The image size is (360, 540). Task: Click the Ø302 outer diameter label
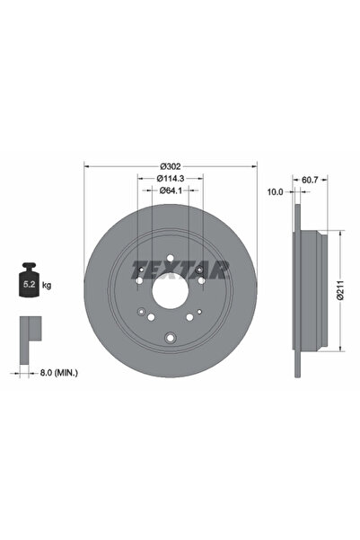click(170, 165)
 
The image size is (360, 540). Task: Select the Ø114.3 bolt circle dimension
click(170, 178)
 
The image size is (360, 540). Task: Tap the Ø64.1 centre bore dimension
click(170, 190)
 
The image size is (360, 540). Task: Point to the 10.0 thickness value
click(276, 191)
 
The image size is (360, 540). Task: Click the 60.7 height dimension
click(311, 180)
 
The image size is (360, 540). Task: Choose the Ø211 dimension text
click(353, 291)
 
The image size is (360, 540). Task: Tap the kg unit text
click(47, 285)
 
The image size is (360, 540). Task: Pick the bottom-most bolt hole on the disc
click(170, 339)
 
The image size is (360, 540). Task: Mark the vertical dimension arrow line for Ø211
click(342, 291)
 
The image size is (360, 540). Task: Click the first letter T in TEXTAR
click(138, 269)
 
